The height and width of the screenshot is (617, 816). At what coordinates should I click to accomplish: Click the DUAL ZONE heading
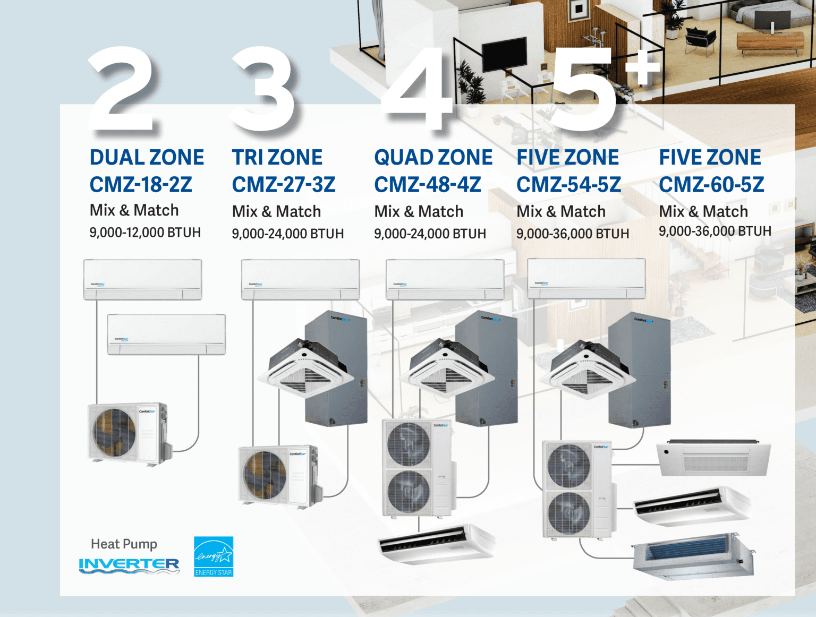point(147,157)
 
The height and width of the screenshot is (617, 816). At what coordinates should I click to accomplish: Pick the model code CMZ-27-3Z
point(284,185)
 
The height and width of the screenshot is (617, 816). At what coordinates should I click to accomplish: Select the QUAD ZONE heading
point(433,157)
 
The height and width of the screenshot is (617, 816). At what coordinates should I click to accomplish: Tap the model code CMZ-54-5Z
point(568,185)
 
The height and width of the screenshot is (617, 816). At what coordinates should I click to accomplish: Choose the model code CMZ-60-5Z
point(711,185)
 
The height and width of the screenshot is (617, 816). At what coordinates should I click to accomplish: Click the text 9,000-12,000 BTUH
point(145,233)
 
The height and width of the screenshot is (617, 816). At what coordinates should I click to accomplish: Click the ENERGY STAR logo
point(214,556)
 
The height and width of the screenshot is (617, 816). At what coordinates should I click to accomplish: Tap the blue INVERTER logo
point(129,565)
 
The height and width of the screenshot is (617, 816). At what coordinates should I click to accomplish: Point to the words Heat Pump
point(124,544)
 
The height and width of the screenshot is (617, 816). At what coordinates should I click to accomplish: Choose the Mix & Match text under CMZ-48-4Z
point(419,211)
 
